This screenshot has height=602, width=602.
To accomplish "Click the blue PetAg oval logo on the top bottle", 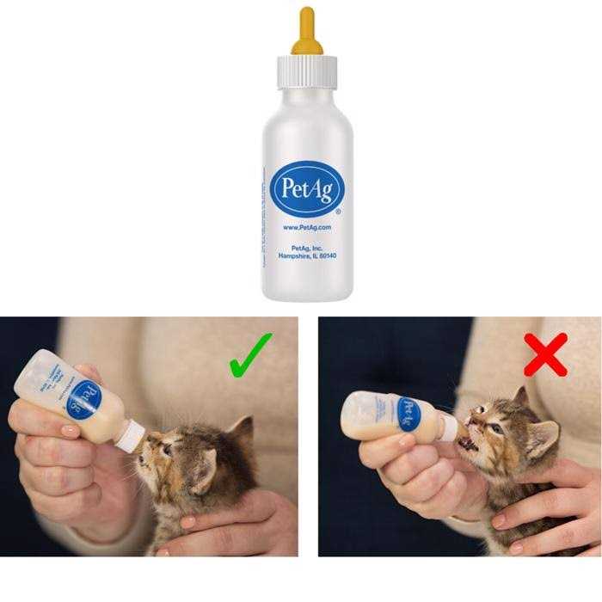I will click(307, 188).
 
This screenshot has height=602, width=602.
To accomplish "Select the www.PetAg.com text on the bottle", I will click(307, 227).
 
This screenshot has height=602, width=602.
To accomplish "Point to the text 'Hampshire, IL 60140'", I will click(307, 256).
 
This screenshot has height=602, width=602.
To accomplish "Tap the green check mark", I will click(249, 354).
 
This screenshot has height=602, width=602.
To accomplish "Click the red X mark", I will click(545, 354).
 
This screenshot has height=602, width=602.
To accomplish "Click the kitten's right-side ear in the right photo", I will click(543, 439).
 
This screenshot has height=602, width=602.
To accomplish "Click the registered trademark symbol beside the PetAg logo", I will click(338, 211).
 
